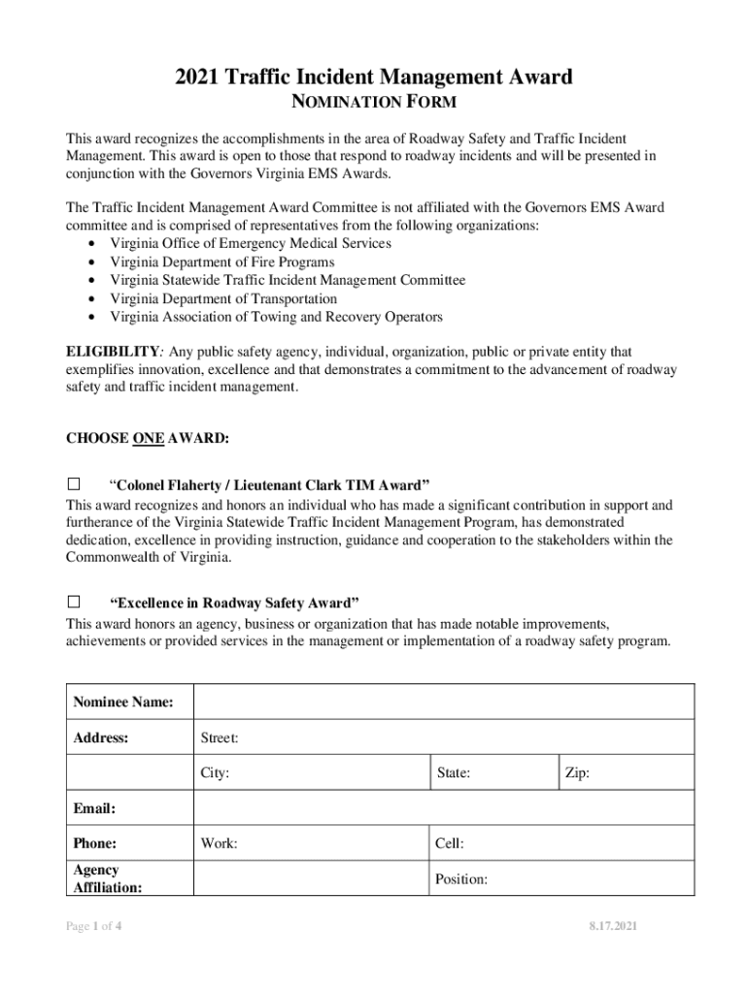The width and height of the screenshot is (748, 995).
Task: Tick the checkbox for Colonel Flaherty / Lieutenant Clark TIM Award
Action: [x=73, y=484]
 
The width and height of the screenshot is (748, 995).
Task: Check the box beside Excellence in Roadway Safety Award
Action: [x=73, y=601]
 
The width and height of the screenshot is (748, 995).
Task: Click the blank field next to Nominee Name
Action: [x=443, y=702]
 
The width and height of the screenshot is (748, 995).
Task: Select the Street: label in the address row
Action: [x=220, y=738]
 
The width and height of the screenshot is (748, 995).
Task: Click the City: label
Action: [x=215, y=774]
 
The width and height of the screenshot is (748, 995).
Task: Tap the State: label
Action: [x=454, y=774]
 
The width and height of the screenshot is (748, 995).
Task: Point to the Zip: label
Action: [x=577, y=774]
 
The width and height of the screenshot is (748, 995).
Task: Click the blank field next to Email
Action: [x=443, y=807]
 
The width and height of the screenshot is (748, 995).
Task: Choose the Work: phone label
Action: [x=219, y=843]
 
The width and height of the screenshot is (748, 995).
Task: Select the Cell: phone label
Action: [x=449, y=843]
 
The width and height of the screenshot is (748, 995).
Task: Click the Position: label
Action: [x=460, y=879]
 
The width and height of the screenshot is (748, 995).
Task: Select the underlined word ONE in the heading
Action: [x=148, y=438]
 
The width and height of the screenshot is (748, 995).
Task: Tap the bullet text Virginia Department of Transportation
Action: [x=223, y=299]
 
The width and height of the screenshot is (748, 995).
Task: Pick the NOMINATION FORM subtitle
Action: [x=374, y=102]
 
